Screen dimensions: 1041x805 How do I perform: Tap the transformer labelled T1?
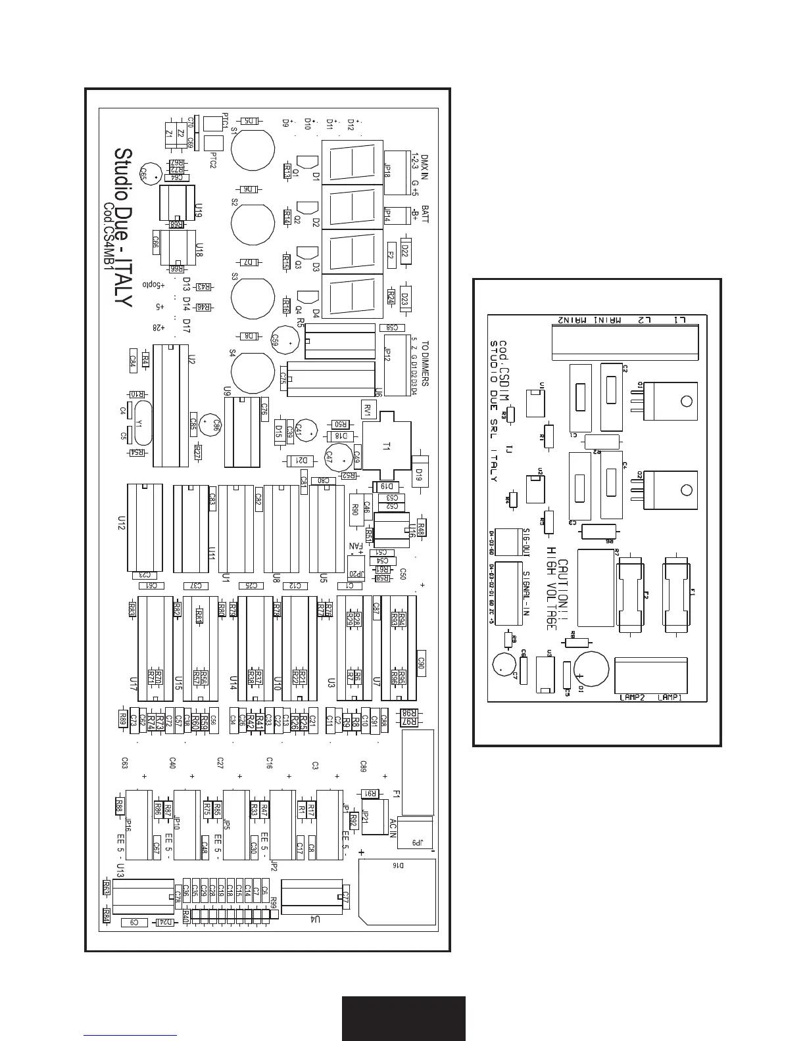point(386,446)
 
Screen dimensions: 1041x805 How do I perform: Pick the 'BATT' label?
point(424,214)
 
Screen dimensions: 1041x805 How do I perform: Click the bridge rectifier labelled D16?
point(396,891)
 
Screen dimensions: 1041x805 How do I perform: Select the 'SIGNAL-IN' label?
point(526,592)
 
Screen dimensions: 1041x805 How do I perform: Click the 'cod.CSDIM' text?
point(502,371)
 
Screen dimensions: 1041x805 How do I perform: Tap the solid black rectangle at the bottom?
point(403,1018)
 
